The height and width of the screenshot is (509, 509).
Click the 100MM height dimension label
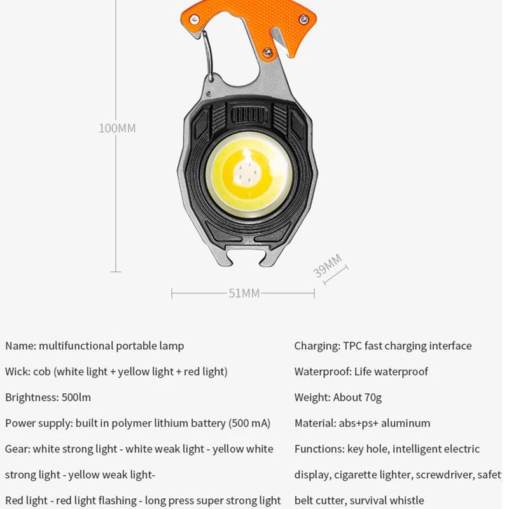(117, 128)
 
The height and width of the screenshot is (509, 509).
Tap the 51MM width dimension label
(244, 293)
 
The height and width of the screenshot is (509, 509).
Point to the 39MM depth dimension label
(328, 265)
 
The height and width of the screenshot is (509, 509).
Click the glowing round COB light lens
(249, 171)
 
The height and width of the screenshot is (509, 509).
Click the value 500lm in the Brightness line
(76, 398)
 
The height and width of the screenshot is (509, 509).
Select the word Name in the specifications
(19, 346)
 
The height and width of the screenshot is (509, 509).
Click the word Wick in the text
(17, 372)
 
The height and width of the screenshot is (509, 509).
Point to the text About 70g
(358, 398)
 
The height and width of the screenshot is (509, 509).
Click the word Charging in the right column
(316, 346)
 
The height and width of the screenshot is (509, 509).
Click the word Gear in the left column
(17, 449)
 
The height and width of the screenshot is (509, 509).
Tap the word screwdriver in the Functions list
(447, 475)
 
